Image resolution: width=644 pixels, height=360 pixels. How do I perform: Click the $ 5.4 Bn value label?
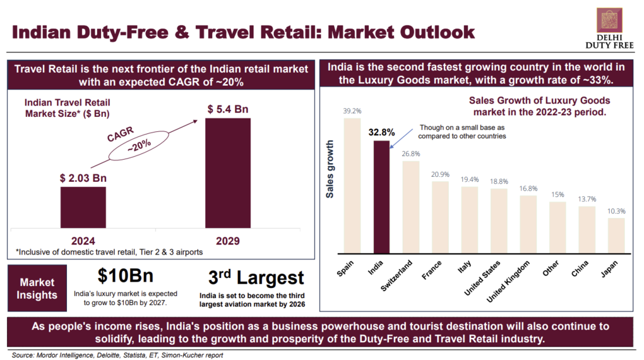coord(228,109)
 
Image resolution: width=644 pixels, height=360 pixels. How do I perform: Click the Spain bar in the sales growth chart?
coord(352,184)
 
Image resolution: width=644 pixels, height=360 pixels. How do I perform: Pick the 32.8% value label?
coord(381,133)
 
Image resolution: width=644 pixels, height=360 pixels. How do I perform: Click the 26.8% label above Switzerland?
coord(410,153)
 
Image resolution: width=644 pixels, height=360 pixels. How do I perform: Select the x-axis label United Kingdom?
coord(514,279)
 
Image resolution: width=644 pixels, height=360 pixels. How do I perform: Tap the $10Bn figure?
coord(126,276)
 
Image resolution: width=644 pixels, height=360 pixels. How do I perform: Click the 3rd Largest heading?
coord(256,277)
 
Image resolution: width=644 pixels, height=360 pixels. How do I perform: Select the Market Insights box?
coord(37,289)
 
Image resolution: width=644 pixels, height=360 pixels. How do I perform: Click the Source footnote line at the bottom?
coord(117,355)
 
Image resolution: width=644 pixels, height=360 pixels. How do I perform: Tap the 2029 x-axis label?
coord(228,240)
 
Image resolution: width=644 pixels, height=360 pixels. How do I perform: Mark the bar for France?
coord(440,215)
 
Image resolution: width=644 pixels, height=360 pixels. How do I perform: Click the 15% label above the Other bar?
coord(558,195)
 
